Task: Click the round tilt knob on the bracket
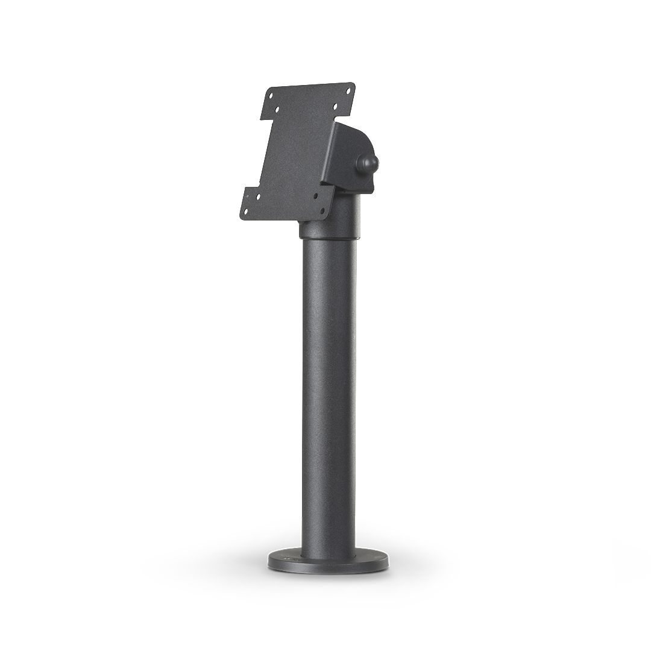(x=366, y=164)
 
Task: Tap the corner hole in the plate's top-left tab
(x=271, y=95)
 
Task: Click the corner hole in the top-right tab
(x=348, y=90)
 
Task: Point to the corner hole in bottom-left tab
(x=246, y=211)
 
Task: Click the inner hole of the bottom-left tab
(x=259, y=196)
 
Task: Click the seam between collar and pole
(x=329, y=239)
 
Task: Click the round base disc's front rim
(x=328, y=568)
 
